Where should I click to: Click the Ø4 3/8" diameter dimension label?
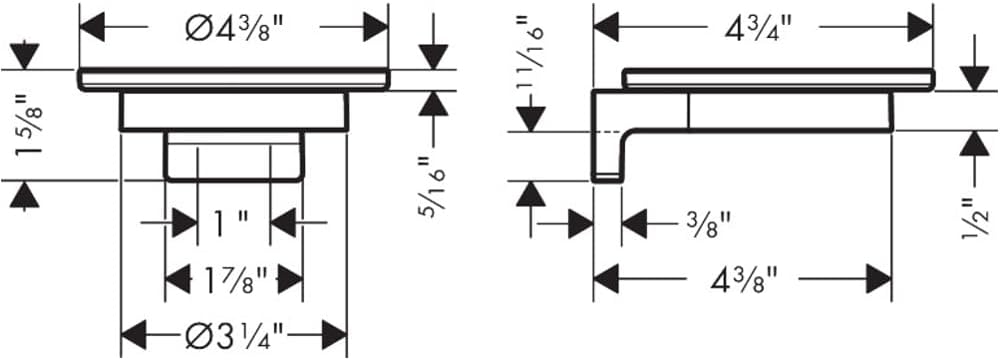[x=233, y=29]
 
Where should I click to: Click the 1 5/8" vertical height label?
[x=31, y=124]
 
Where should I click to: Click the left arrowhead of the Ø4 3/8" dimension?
[x=92, y=29]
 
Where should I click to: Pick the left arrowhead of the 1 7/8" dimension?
[x=178, y=280]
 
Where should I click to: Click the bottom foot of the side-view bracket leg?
[x=607, y=177]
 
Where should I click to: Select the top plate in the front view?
[x=233, y=79]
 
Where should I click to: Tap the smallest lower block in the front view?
[x=234, y=156]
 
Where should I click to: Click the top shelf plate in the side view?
[x=778, y=78]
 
